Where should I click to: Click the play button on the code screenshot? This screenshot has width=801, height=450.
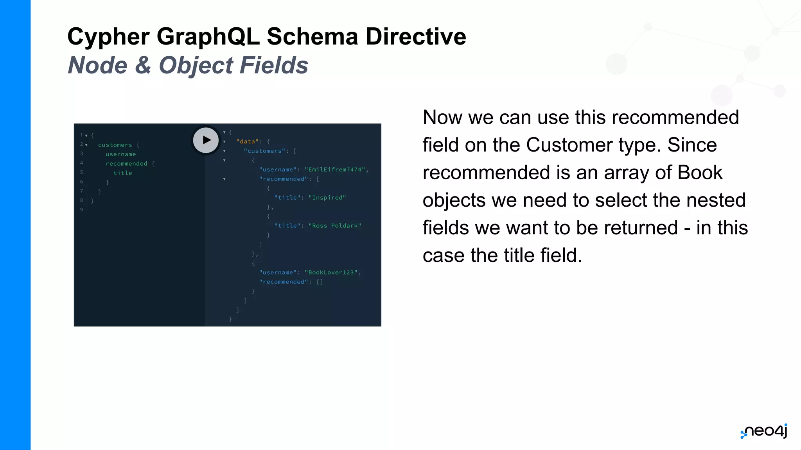click(206, 140)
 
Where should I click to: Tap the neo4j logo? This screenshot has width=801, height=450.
click(764, 431)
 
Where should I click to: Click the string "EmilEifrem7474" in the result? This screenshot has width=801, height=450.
click(335, 170)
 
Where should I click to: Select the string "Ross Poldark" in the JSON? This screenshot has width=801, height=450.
click(335, 226)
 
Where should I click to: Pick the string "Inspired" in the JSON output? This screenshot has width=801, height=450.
click(327, 198)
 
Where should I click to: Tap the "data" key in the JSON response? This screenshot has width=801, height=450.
click(248, 141)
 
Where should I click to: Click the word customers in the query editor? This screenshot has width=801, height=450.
click(115, 145)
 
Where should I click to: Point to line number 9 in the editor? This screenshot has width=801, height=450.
click(81, 210)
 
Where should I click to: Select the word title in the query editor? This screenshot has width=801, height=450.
click(123, 173)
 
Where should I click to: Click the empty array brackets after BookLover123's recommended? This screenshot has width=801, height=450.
click(320, 282)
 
